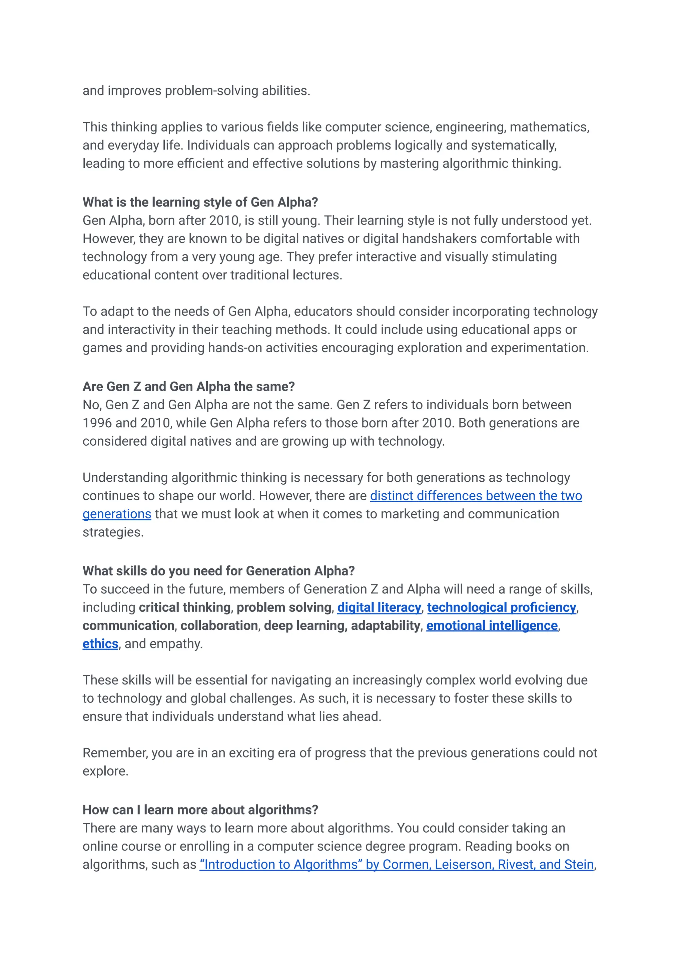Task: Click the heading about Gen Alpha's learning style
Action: [x=200, y=202]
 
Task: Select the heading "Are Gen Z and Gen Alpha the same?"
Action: [x=188, y=387]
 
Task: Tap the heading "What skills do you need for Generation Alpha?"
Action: [x=219, y=571]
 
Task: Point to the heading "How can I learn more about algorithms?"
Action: [x=200, y=810]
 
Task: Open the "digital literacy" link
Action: [x=379, y=607]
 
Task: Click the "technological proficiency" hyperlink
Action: [x=501, y=607]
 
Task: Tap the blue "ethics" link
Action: [x=100, y=644]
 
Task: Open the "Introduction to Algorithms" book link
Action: [x=396, y=865]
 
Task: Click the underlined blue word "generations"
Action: [x=116, y=514]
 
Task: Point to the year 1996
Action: [x=97, y=423]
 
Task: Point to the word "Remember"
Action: [x=115, y=753]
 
